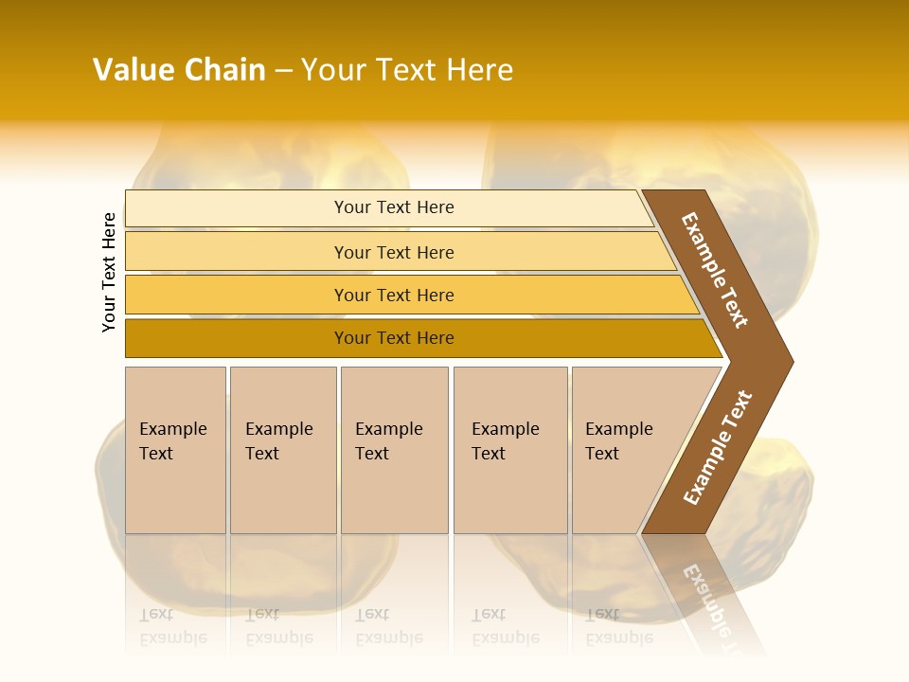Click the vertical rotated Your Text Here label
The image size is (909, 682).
coord(109,272)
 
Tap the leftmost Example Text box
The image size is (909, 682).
coord(175,450)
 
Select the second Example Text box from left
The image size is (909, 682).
coord(282,450)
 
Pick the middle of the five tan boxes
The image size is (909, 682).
coord(394,450)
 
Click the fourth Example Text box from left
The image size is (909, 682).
coord(510,450)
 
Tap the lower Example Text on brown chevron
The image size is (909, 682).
coord(718,447)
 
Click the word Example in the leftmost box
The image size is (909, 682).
coord(172,429)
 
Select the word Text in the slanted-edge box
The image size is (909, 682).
coord(602,454)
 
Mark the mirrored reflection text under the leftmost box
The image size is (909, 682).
coord(173,626)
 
